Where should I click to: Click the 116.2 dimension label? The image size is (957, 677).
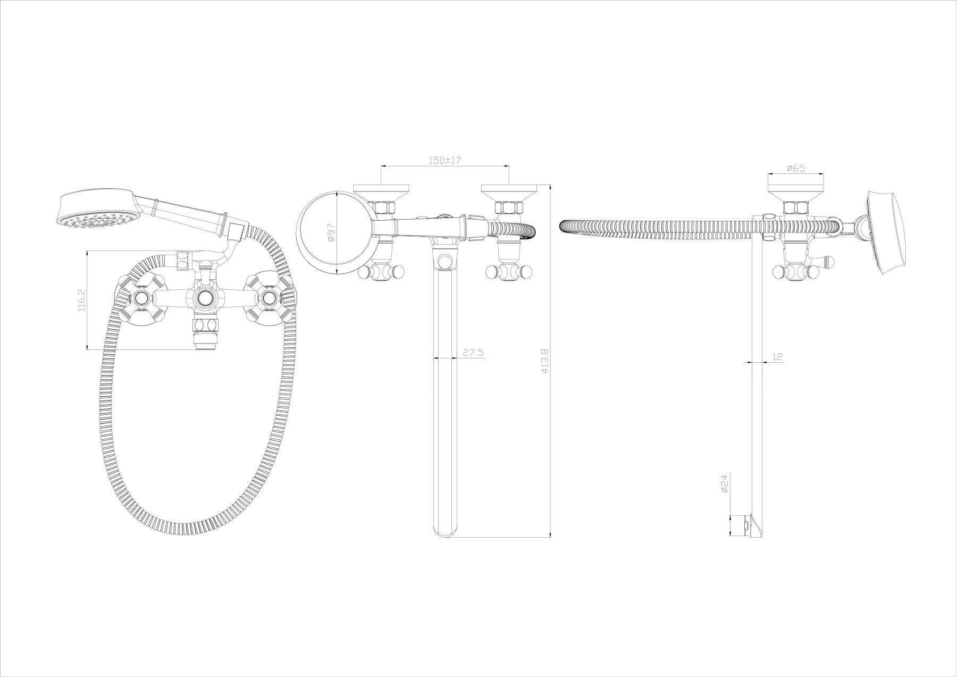pos(82,300)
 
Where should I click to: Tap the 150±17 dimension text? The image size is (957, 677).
pos(444,160)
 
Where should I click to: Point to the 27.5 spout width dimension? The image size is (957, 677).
pos(473,352)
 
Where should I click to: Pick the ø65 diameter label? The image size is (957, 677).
pos(795,168)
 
